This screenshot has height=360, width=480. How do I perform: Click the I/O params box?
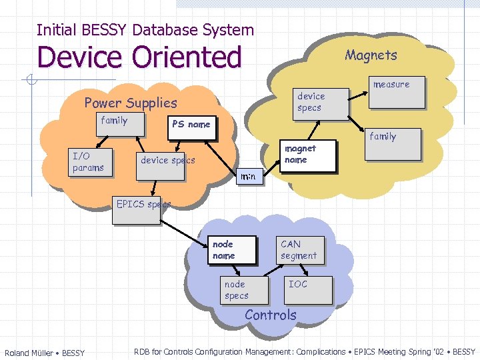91,162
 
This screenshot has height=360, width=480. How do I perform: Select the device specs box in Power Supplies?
168,161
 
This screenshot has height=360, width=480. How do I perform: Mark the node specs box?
243,290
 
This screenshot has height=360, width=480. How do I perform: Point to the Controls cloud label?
271,315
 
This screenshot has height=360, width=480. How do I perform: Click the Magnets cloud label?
371,55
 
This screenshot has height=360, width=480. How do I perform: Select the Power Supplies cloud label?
131,103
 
